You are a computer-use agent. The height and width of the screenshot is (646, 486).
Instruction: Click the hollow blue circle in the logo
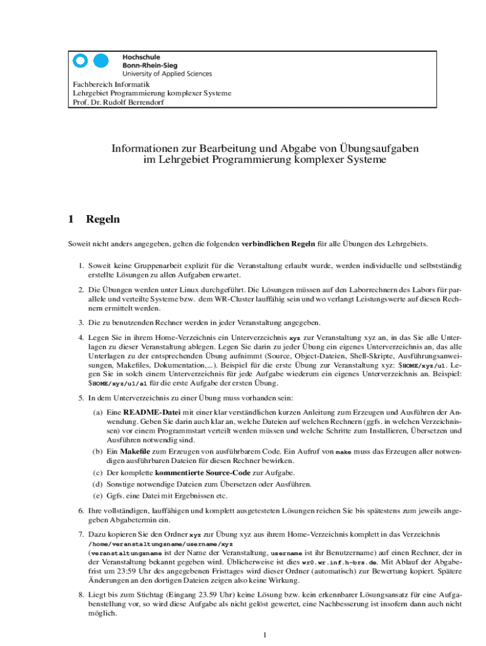80,61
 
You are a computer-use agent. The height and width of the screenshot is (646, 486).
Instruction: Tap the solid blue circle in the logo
101,61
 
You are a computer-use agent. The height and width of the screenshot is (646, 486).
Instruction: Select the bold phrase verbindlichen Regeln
278,244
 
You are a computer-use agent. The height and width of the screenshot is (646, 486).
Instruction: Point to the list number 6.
81,510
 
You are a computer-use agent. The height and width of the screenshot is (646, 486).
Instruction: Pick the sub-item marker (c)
98,473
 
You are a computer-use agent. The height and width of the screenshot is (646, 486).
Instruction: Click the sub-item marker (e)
98,495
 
